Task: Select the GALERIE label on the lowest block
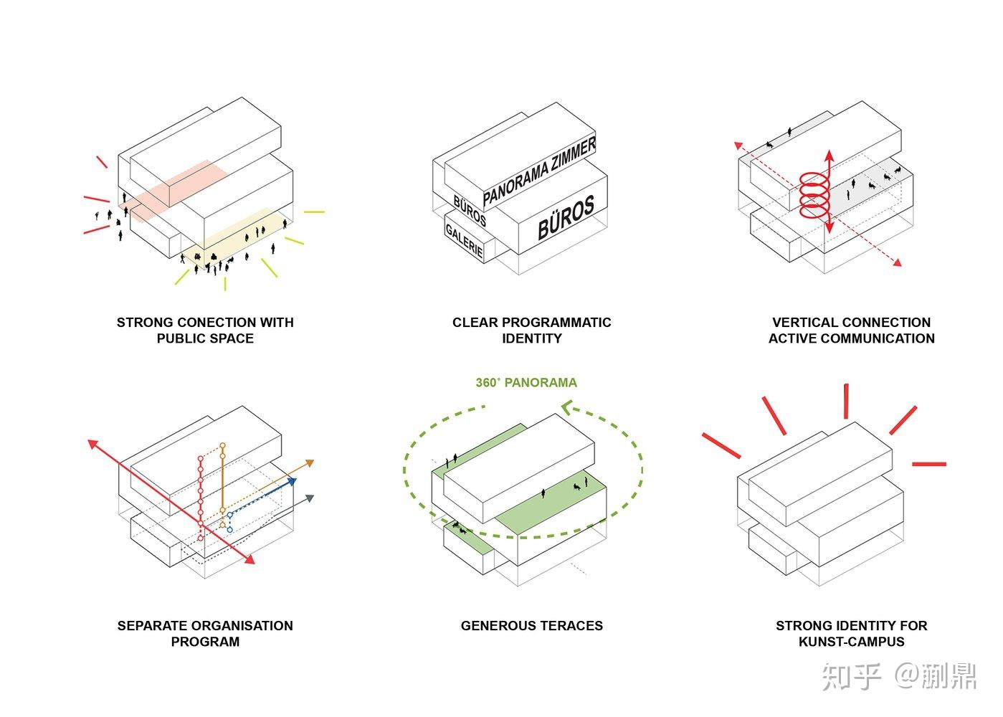(x=465, y=241)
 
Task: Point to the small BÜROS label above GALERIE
(x=470, y=211)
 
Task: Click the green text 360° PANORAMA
(x=526, y=382)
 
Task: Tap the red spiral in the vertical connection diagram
(x=815, y=195)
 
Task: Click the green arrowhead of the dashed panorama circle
(x=566, y=407)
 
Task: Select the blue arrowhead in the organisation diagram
(x=292, y=481)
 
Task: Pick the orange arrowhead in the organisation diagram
(x=310, y=463)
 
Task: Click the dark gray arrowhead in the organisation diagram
(x=310, y=498)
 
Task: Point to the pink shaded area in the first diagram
(x=173, y=190)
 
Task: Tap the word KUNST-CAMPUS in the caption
(x=851, y=641)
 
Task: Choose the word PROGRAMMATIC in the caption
(x=556, y=322)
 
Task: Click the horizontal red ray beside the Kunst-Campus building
(x=929, y=464)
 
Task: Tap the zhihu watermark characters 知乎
(x=852, y=676)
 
